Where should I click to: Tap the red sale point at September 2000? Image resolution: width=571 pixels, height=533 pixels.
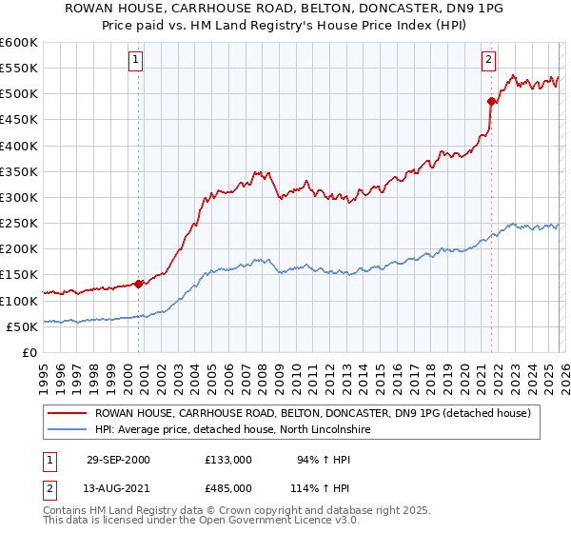pos(139,283)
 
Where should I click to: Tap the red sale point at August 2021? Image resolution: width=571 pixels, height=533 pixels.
pos(491,101)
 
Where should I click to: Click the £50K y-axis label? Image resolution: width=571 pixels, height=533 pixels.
pos(23,326)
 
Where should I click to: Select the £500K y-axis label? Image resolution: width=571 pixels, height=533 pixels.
pos(19,94)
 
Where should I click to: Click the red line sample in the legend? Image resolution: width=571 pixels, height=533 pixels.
pos(68,413)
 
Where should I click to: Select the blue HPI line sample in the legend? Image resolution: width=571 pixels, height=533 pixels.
pos(68,429)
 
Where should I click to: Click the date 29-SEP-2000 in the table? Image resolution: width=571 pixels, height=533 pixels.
pos(118,460)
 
